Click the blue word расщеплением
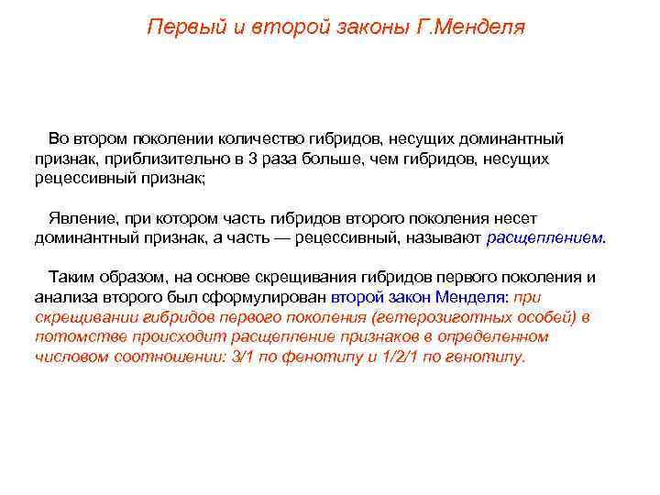(545, 238)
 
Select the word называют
(448, 238)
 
